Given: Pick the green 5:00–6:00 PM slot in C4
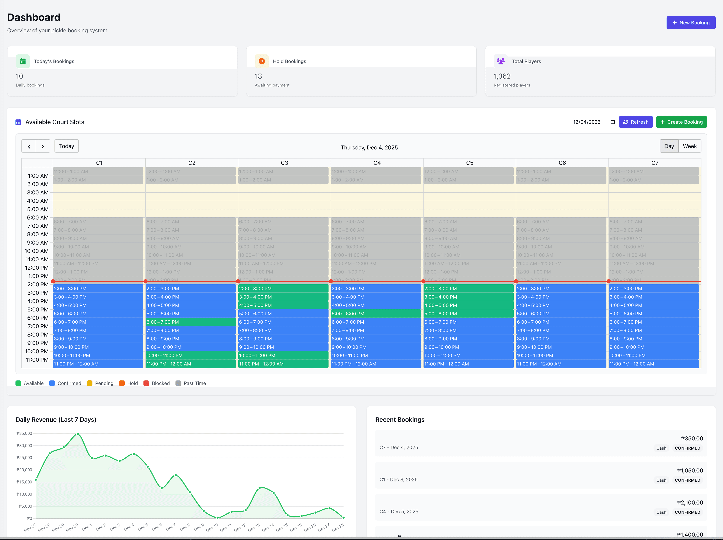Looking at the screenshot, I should (x=376, y=314).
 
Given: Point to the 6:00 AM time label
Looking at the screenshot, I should (x=37, y=217).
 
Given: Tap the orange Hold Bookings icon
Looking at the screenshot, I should (x=262, y=61).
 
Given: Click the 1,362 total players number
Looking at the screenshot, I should (x=502, y=76).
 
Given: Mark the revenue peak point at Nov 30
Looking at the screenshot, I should (x=78, y=434).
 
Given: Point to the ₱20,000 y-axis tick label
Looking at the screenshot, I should (x=24, y=470).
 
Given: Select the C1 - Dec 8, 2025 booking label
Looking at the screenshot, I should (x=398, y=480).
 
